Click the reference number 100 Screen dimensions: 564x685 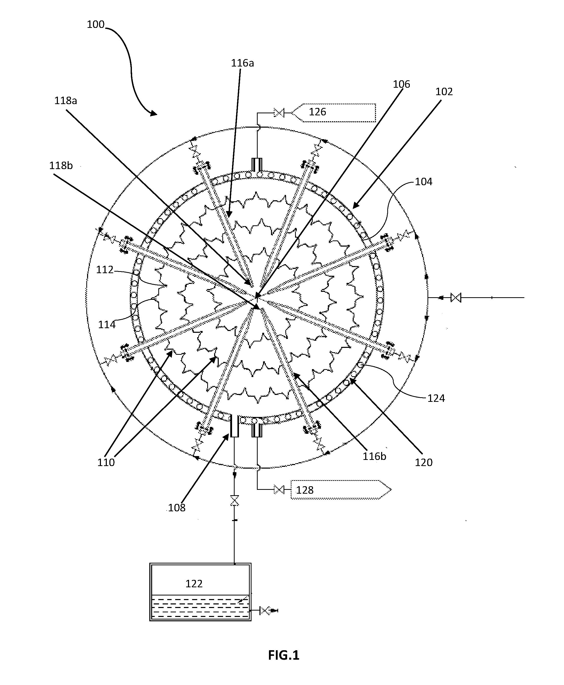coord(96,24)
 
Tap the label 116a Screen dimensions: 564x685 coord(242,63)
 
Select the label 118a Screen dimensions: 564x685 coord(66,101)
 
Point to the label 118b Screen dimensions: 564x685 coord(61,165)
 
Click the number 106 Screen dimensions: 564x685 coord(402,84)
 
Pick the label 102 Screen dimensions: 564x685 coord(444,92)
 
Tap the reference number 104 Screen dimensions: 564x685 coord(424,182)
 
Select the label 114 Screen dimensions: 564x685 coord(107,325)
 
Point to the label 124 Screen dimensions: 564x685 coord(436,398)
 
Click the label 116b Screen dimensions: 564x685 coord(375,456)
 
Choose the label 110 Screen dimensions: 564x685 coord(106,462)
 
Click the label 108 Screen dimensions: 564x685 coord(177,507)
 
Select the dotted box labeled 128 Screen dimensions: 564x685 coord(340,489)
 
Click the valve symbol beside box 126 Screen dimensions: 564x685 coord(279,113)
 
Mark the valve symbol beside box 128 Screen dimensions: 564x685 coord(279,489)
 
